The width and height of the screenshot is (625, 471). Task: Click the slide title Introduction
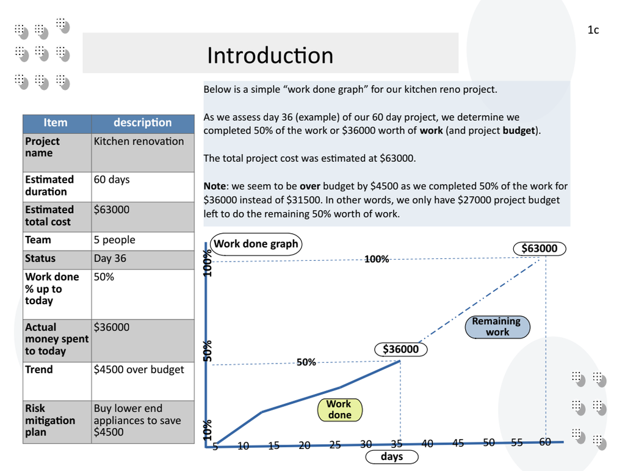click(270, 55)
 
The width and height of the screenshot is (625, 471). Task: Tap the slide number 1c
click(593, 30)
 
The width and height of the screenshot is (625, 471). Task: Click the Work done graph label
click(256, 244)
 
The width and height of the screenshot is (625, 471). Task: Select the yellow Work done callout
click(339, 409)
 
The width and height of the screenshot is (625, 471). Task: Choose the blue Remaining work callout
click(497, 327)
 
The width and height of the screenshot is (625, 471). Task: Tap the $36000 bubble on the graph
click(401, 349)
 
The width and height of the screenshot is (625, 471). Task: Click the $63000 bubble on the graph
click(540, 249)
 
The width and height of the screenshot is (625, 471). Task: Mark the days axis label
click(392, 456)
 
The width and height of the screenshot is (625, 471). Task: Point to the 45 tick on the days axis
click(458, 443)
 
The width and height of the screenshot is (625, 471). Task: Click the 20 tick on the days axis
click(305, 445)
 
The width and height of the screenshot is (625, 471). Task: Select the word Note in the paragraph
click(215, 186)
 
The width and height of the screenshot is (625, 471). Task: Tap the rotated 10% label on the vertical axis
click(208, 429)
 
